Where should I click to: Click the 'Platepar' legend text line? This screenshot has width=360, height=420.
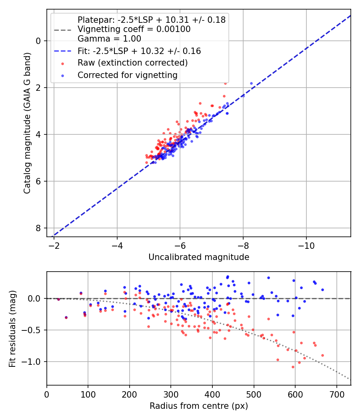coord(151,20)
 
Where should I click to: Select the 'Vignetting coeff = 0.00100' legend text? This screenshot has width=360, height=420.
coord(134,29)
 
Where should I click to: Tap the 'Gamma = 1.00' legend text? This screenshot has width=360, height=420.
coord(109,39)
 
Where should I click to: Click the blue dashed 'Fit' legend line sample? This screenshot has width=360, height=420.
coord(63,51)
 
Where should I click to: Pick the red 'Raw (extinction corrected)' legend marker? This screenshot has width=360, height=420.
coord(63,64)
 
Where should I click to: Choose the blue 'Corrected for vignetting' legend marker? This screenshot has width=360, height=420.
coord(63,76)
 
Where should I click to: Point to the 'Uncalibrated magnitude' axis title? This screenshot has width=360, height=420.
coord(199,257)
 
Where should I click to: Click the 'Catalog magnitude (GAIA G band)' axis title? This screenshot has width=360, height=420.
coord(27,123)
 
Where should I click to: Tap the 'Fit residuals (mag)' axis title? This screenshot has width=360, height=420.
coord(12,329)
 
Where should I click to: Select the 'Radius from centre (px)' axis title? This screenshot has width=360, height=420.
coord(199,406)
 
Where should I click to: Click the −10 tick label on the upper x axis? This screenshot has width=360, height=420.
coord(306,246)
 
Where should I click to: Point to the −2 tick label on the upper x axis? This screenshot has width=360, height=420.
coord(54,246)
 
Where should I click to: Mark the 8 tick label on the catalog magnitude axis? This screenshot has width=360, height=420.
coord(38,228)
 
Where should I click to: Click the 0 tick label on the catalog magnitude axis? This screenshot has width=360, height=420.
coord(38,41)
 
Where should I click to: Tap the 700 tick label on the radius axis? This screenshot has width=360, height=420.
coord(336,394)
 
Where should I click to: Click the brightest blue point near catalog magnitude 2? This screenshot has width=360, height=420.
coord(251,84)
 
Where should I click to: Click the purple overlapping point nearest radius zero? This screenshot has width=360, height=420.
coord(59,299)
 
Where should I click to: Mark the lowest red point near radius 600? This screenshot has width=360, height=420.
coord(293,367)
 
